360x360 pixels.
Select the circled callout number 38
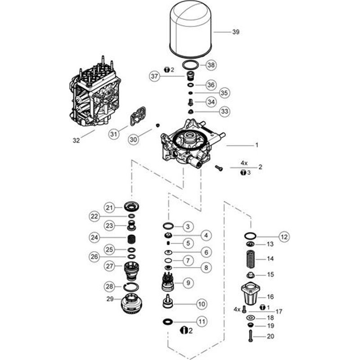(x=211, y=65)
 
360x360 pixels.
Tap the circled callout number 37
(x=155, y=77)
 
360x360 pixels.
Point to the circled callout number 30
(x=132, y=140)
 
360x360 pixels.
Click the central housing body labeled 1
(x=189, y=144)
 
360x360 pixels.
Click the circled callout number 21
(x=109, y=207)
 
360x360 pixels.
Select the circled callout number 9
(x=188, y=283)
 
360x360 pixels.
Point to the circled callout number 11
(x=202, y=322)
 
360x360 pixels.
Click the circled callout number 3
(x=188, y=226)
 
